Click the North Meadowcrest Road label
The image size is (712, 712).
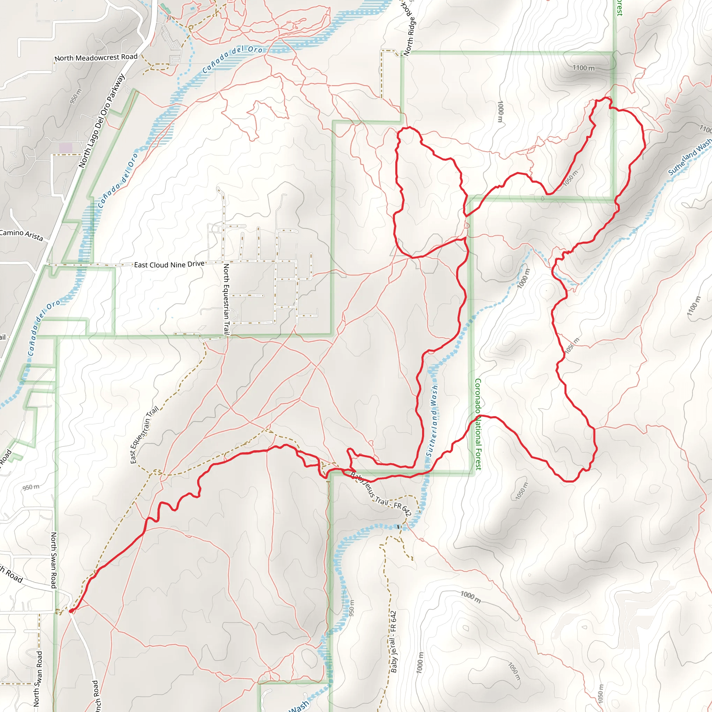96,57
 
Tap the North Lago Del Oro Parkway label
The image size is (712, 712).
102,121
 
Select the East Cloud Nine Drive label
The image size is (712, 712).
169,264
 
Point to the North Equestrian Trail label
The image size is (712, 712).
226,299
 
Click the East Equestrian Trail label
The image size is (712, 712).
144,435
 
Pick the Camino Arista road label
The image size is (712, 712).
21,235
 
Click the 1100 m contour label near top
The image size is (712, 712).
583,68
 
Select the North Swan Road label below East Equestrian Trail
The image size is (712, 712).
54,560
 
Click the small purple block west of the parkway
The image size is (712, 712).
66,148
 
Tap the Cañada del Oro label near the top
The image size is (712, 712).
233,59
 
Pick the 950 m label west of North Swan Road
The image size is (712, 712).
31,487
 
